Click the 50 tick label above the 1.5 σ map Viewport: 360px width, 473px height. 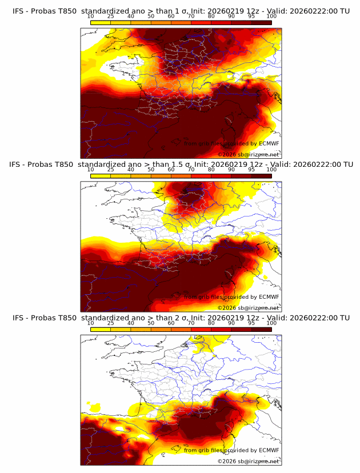pyautogui.click(x=151, y=170)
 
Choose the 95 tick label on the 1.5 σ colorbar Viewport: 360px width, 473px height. pyautogui.click(x=251, y=170)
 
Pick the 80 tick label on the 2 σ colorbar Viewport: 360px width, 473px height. pyautogui.click(x=211, y=323)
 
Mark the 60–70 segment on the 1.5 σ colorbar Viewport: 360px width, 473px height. pyautogui.click(x=181, y=177)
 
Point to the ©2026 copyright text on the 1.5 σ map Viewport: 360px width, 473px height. pyautogui.click(x=227, y=308)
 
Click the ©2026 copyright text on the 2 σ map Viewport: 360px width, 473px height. pyautogui.click(x=227, y=461)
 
